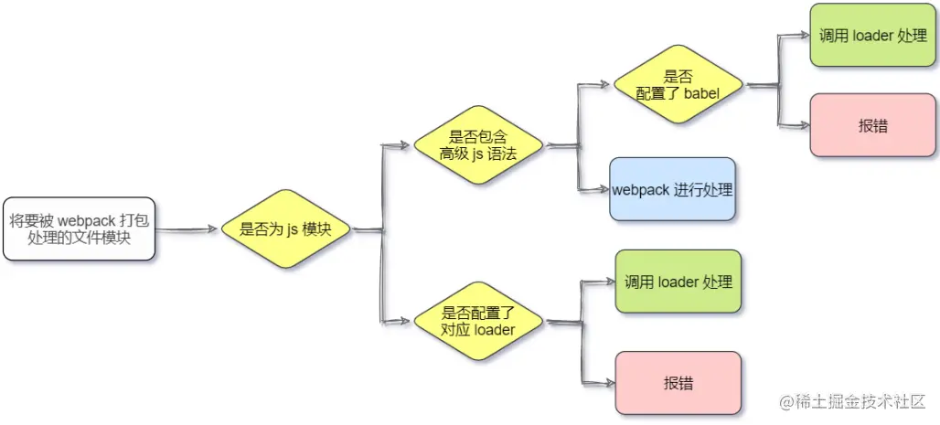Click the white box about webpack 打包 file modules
click(x=78, y=228)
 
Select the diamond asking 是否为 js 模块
click(x=286, y=229)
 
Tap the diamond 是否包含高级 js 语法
click(x=477, y=145)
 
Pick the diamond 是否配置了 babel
click(x=678, y=84)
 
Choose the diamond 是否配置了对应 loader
click(x=477, y=321)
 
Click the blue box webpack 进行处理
click(x=672, y=190)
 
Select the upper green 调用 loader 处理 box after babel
click(x=874, y=36)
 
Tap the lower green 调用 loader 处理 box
click(x=678, y=282)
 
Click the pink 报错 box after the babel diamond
click(x=874, y=126)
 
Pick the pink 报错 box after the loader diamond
click(x=678, y=382)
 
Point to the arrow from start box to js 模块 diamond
click(x=187, y=229)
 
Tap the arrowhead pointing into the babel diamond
click(x=604, y=84)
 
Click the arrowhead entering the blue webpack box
click(x=603, y=190)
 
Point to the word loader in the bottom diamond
click(x=495, y=329)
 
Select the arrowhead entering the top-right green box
click(x=803, y=36)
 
